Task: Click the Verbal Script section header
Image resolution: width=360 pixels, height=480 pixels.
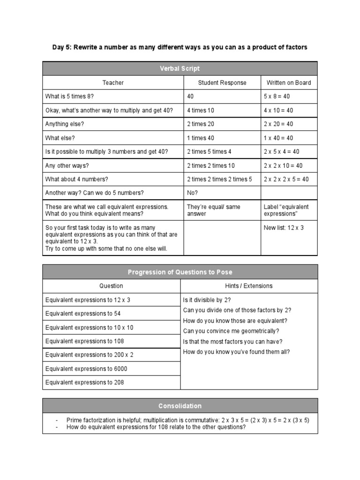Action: tap(180, 68)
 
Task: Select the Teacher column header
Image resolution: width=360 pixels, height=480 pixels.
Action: tap(113, 82)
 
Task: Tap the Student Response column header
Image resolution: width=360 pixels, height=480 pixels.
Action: tap(222, 82)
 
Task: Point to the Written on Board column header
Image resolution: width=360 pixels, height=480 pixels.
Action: tap(289, 82)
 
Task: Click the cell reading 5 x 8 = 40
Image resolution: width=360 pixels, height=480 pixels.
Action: tap(277, 97)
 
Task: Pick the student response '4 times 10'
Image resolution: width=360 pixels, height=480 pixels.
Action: tap(201, 110)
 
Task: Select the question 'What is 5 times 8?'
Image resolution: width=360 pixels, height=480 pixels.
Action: tap(68, 97)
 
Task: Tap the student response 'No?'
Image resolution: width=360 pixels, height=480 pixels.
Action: tap(193, 193)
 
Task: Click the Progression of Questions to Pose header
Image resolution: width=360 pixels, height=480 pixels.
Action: tap(180, 272)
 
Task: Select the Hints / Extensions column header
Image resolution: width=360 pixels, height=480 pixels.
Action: tap(249, 285)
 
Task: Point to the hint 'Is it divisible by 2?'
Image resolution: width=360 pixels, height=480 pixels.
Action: tap(207, 300)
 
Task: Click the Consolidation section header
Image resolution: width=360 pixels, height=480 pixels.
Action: tap(180, 405)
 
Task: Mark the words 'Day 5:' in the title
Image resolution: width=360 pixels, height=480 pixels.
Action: tap(61, 47)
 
